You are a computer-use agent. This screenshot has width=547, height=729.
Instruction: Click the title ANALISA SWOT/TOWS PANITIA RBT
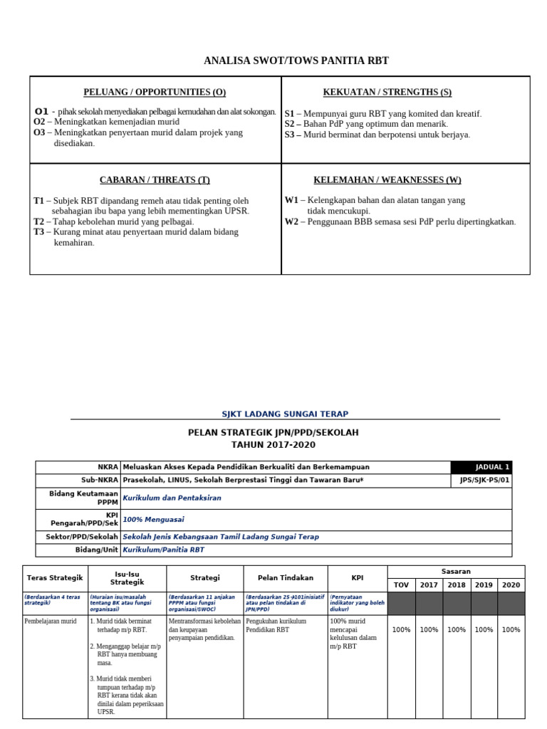296,61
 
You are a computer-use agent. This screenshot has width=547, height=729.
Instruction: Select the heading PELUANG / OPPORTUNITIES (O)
155,92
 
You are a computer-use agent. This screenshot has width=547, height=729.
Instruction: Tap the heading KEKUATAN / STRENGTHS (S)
387,92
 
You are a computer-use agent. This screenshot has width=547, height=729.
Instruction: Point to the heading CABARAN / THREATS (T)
155,179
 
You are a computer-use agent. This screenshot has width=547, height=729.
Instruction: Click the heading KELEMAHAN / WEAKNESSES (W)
387,179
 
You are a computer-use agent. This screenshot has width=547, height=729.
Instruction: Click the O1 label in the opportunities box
41,112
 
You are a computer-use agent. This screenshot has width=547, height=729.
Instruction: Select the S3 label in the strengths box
290,135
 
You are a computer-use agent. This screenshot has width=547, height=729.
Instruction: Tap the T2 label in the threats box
38,221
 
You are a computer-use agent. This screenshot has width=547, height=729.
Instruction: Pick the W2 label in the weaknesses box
291,221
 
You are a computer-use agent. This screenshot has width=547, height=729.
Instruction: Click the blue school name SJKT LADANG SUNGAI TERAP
285,414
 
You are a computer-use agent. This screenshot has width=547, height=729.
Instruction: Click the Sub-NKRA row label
100,480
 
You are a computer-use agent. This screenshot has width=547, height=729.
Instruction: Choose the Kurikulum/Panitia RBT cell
163,550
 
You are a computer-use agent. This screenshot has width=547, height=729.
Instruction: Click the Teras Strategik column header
55,578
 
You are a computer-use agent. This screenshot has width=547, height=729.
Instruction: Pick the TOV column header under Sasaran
402,585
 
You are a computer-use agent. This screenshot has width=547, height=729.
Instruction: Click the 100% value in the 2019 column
484,630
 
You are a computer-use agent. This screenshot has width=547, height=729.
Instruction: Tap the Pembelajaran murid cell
51,621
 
